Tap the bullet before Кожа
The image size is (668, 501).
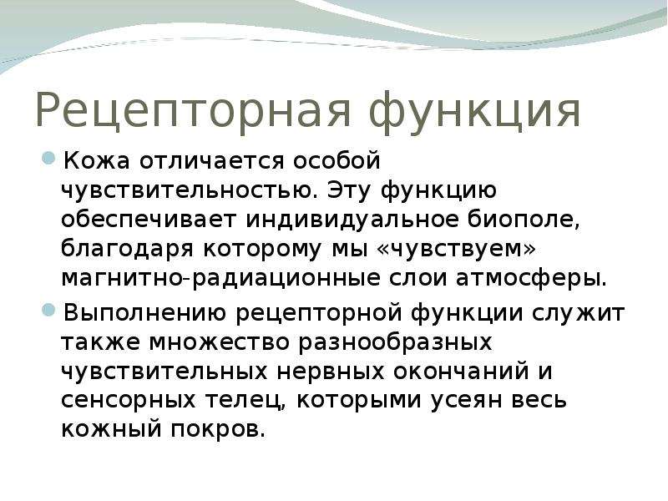pos(49,159)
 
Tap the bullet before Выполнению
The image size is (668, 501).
pos(49,310)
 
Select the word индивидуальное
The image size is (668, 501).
pos(352,219)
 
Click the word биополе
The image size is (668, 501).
pos(524,220)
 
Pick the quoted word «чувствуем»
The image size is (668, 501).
pos(456,249)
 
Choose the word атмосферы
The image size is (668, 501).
pos(531,278)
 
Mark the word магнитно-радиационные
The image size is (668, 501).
pos(221,278)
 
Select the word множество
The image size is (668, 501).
pos(220,342)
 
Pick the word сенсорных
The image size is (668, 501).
pos(129,401)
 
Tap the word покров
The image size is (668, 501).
pos(218,429)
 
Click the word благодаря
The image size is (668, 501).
pos(128,249)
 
